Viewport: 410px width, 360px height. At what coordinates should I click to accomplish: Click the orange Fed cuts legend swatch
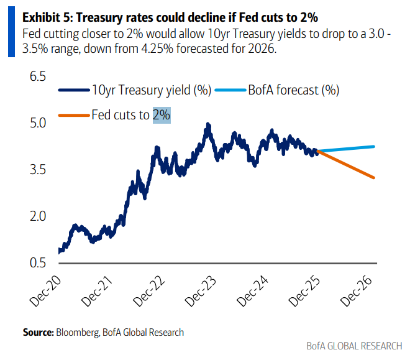coord(73,114)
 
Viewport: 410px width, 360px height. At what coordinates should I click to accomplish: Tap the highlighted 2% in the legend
coord(162,114)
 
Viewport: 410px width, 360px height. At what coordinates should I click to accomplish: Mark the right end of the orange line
coord(375,178)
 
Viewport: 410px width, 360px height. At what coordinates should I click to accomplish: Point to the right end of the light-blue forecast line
coord(375,147)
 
